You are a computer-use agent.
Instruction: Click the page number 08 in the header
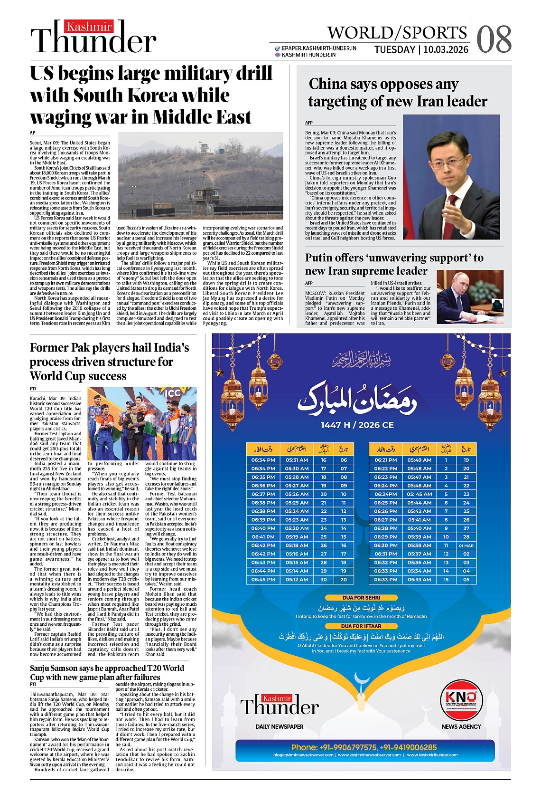coord(494,39)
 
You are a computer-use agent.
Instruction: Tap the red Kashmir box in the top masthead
coord(89,27)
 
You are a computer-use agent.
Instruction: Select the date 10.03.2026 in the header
coord(446,50)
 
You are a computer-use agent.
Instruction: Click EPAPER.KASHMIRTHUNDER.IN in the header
coord(319,48)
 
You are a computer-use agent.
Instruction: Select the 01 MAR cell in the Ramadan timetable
coord(466,545)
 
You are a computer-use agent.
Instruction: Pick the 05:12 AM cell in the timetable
coord(297,580)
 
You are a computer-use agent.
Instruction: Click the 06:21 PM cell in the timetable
coord(385,460)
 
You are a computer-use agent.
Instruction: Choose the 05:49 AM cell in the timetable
coord(420,460)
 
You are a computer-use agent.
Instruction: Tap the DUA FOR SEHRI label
coord(361,598)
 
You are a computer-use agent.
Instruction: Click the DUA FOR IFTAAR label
coord(361,626)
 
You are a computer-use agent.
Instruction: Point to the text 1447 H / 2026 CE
coord(357,425)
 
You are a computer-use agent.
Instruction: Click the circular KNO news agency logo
coord(461,699)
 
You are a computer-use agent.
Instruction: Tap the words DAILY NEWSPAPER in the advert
coord(280,726)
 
